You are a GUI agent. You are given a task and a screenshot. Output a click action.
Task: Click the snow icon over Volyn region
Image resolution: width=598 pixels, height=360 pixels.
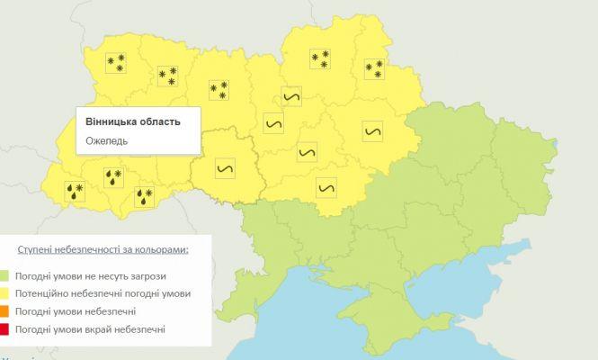coord(115,62)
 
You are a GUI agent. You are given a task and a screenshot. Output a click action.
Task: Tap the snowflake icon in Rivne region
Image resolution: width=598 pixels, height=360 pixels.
coord(166,76)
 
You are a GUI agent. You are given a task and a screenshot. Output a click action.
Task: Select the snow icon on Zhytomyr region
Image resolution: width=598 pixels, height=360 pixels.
coord(219,89)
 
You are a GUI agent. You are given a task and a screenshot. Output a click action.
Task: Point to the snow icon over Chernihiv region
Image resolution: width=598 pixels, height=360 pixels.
coord(319,58)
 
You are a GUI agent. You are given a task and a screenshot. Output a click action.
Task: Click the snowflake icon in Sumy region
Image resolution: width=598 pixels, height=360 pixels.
coord(373,68)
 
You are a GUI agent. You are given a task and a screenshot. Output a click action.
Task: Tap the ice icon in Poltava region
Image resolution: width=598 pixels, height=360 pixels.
coord(373,130)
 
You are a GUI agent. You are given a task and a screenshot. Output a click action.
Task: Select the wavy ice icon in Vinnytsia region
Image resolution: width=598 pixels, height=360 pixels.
coord(225,166)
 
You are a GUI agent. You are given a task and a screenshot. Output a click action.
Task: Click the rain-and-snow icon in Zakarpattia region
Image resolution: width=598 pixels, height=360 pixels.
coord(74,190)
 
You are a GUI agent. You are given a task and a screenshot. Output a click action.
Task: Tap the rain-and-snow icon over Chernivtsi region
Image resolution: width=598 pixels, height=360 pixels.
coord(144,195)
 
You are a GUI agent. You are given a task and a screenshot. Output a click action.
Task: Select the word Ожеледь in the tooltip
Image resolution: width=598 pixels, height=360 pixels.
coord(107,140)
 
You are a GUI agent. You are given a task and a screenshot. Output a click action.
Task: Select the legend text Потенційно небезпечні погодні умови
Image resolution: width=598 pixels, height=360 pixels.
coord(106,293)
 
